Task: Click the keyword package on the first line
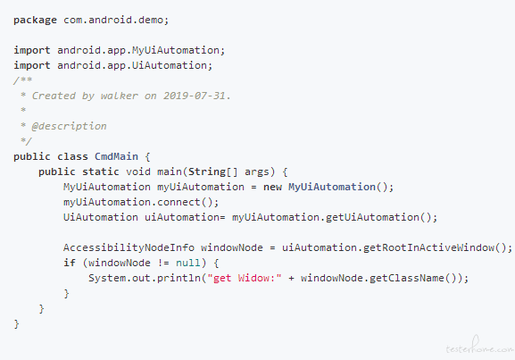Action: (35, 21)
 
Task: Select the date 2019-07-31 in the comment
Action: (195, 96)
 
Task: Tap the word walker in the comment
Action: (120, 96)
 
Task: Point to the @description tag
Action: (70, 127)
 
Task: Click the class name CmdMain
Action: (116, 156)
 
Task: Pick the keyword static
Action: (101, 172)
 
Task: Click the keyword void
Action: (138, 172)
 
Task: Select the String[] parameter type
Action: (212, 172)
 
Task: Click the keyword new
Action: (272, 187)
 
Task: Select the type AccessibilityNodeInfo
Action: (129, 247)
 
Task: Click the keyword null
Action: (188, 263)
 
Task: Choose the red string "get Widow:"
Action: (244, 278)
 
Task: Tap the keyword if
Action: (70, 263)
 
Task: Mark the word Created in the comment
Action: (54, 96)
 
